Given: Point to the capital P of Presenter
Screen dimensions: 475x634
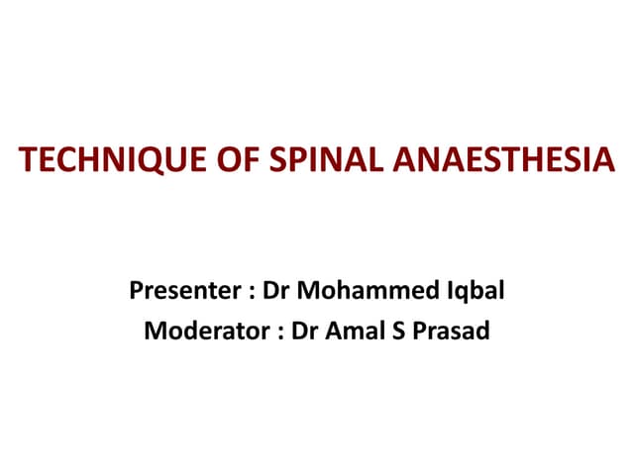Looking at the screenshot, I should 136,293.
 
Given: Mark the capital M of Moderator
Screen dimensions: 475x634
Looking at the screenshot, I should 156,330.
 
